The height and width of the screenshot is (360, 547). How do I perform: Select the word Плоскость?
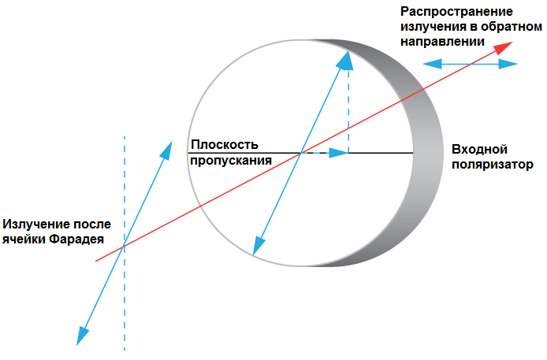click(224, 145)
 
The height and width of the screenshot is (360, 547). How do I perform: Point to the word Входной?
click(479, 150)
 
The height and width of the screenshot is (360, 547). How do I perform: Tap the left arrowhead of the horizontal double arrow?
click(427, 65)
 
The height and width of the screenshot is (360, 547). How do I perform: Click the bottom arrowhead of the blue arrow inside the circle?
click(256, 247)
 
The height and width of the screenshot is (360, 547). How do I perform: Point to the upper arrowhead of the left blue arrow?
click(167, 149)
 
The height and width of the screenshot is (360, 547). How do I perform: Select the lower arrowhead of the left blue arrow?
click(80, 336)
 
